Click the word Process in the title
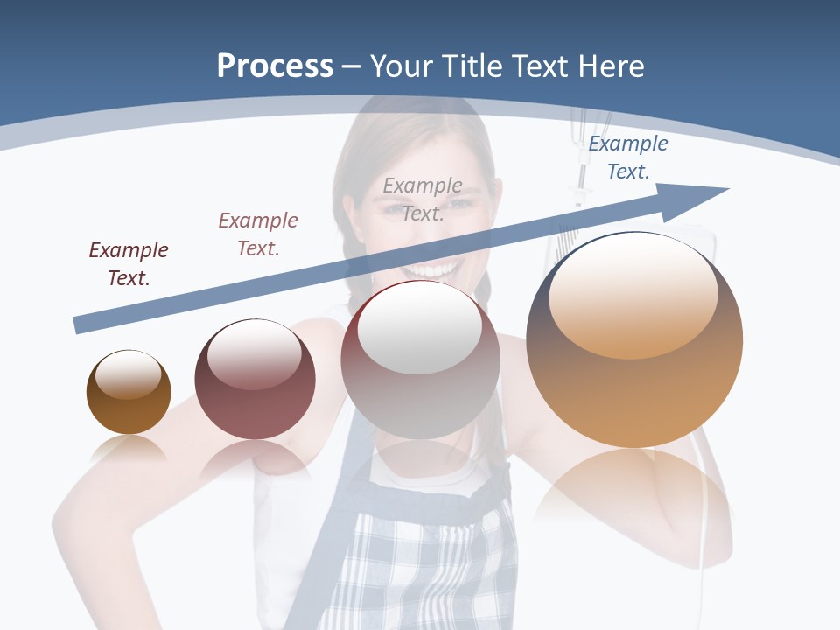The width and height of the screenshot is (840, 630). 275,66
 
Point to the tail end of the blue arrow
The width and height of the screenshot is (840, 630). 77,325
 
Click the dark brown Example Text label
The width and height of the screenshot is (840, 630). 129,264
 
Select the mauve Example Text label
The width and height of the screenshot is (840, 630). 258,234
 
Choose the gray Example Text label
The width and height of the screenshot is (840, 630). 423,199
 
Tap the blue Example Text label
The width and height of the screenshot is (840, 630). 627,157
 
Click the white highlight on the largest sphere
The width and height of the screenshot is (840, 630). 633,297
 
